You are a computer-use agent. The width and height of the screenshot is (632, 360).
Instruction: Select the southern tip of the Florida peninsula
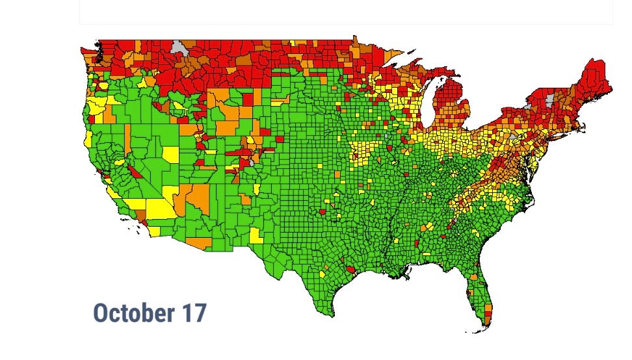(x=485, y=329)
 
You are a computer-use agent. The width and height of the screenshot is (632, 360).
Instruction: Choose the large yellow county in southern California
(x=159, y=209)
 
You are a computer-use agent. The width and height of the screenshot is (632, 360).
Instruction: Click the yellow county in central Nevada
(x=170, y=155)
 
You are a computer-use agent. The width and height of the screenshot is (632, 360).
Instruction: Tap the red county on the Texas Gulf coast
(x=351, y=268)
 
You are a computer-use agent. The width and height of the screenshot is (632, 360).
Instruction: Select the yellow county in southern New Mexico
(x=256, y=235)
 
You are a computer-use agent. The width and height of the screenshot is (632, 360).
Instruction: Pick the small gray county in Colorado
(x=252, y=162)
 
